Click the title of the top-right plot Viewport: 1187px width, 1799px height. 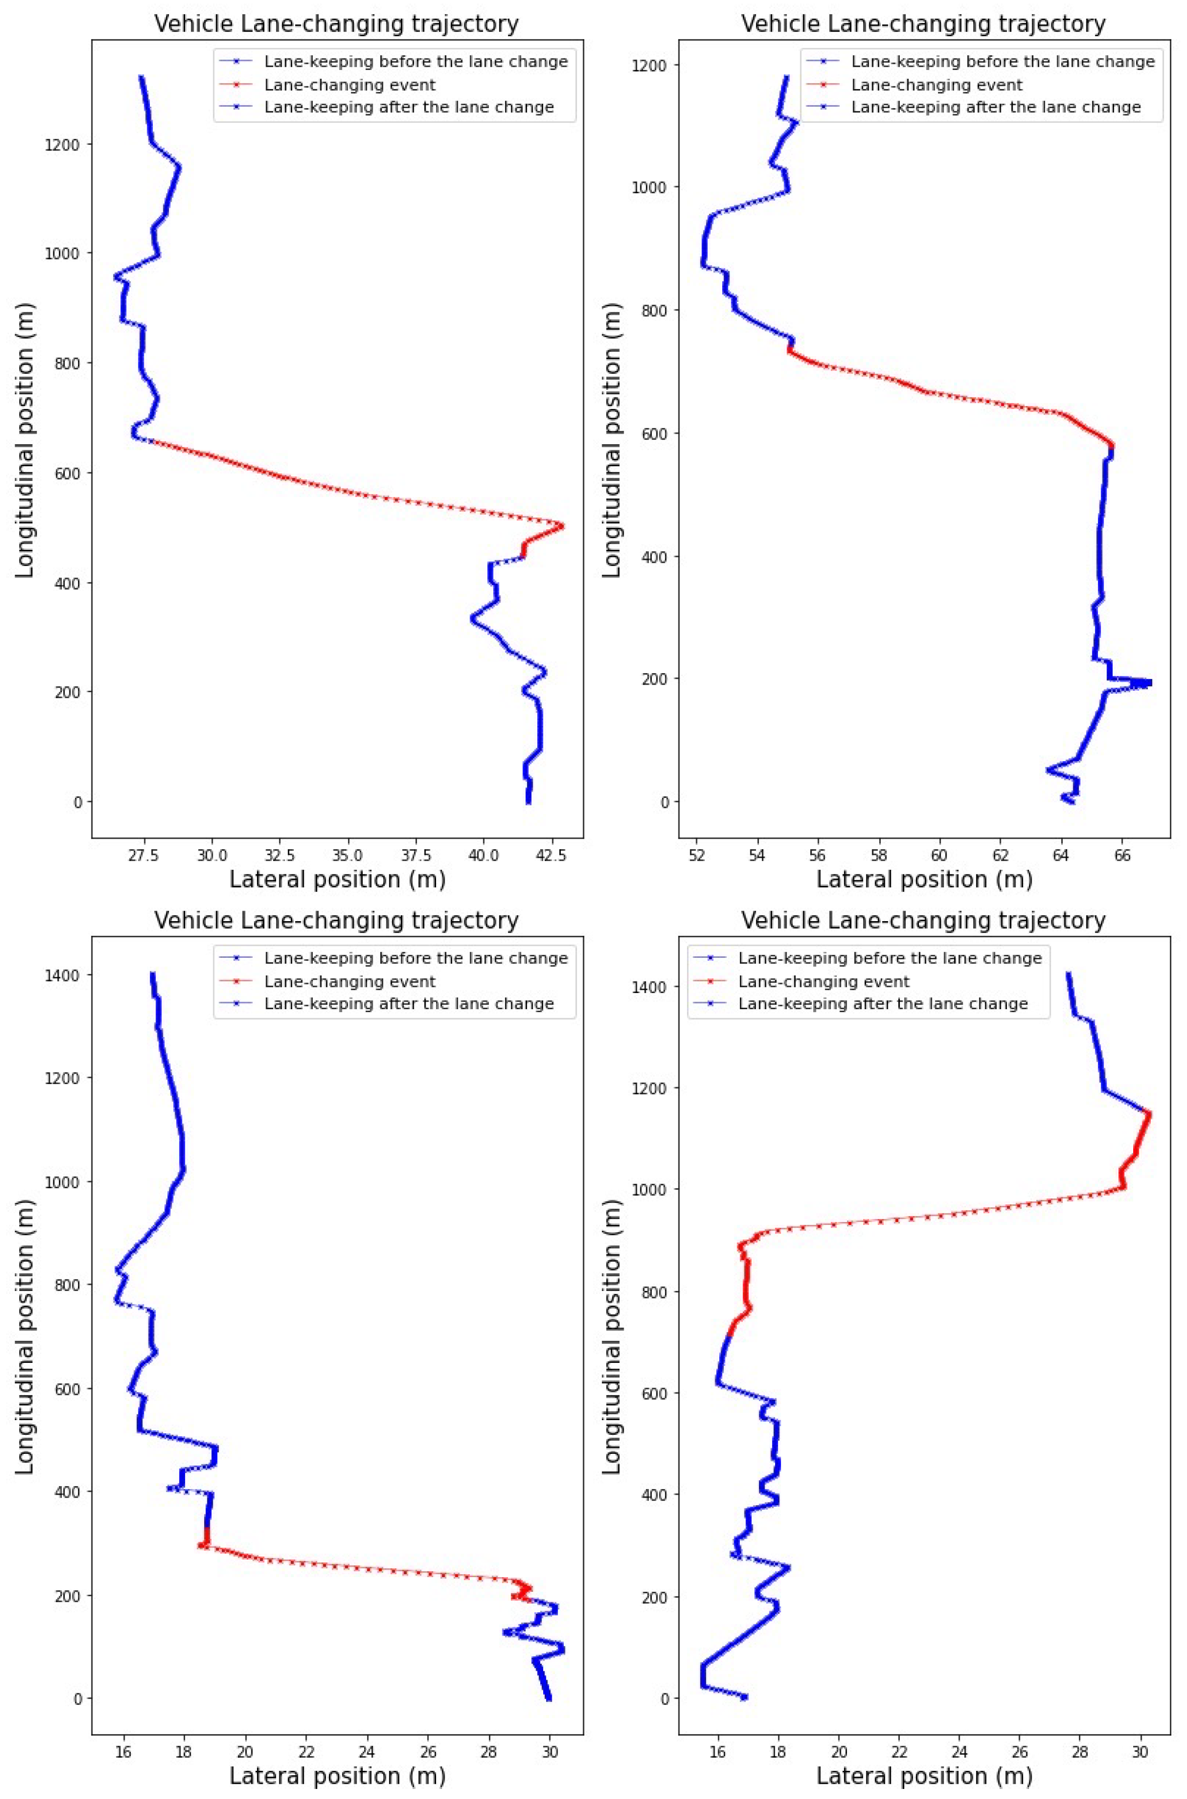tap(923, 24)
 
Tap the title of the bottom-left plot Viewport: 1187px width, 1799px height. tap(337, 921)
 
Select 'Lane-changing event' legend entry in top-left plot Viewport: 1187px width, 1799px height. tap(350, 85)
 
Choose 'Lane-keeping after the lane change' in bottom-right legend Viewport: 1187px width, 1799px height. tap(883, 1004)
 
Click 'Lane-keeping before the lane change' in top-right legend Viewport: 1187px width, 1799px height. tap(1002, 61)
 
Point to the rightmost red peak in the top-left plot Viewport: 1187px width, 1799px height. tap(562, 526)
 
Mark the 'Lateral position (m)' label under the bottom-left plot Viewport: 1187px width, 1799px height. tap(337, 1775)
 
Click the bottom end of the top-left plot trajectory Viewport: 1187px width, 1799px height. tap(528, 802)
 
